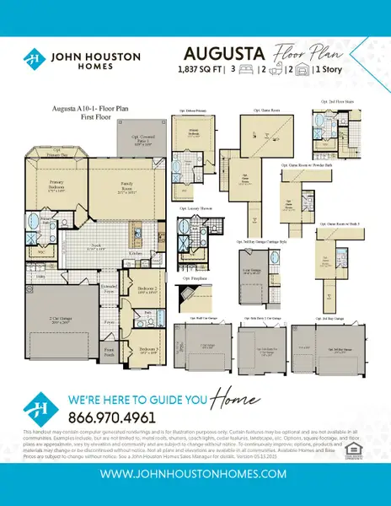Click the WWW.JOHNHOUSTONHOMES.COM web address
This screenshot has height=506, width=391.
[x=195, y=476]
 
